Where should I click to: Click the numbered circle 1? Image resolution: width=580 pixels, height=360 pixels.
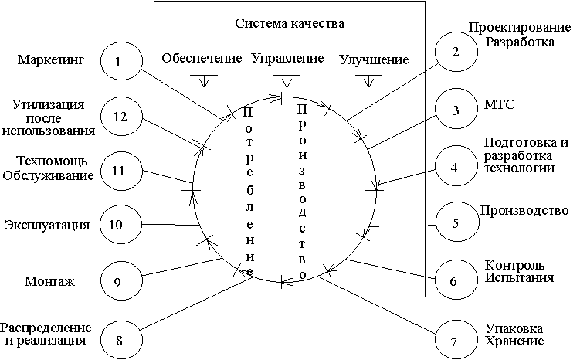click(x=118, y=63)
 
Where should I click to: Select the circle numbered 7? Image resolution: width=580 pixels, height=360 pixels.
click(x=453, y=340)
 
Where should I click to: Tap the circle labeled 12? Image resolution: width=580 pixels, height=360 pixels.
click(x=118, y=117)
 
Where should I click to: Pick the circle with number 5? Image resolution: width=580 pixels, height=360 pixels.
click(x=455, y=224)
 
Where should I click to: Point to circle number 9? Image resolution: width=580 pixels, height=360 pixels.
click(x=118, y=282)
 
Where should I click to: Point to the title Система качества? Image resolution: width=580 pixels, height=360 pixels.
click(x=290, y=24)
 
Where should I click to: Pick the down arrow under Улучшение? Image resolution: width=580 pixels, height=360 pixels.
click(x=373, y=80)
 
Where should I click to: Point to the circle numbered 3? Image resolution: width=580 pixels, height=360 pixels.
click(x=455, y=110)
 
